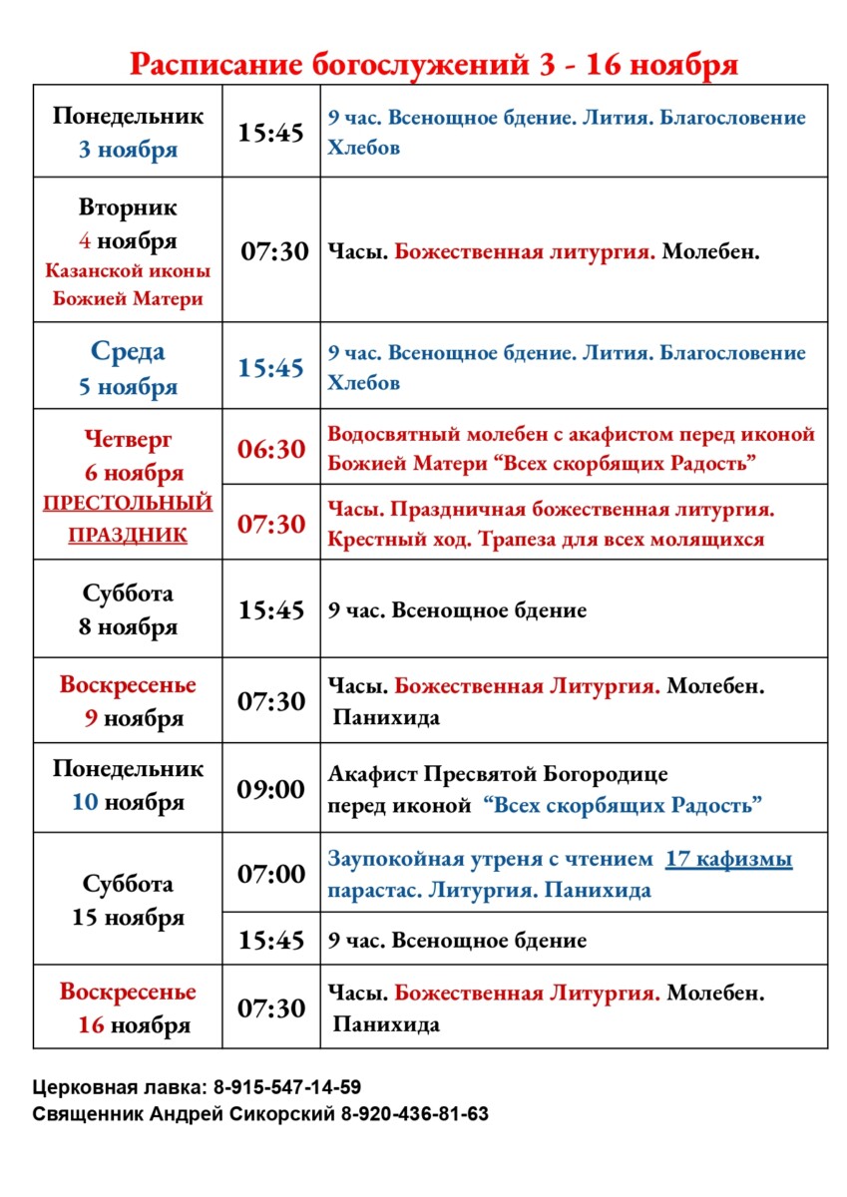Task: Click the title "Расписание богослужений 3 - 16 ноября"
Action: pos(434,66)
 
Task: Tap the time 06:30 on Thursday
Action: pos(270,449)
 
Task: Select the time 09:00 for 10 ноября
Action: pos(270,789)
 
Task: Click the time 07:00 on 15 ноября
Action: pos(270,874)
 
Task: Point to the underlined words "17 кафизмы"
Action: pos(728,859)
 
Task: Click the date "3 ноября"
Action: pos(128,151)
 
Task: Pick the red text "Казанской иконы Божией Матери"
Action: pos(128,284)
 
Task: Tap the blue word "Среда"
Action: pos(128,351)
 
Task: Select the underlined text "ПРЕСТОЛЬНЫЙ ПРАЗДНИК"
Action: pos(128,519)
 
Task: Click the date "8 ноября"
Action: pos(128,627)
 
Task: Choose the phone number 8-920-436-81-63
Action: pos(415,1114)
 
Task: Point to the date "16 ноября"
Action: pos(135,1024)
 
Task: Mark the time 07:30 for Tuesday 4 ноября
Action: pos(274,251)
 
